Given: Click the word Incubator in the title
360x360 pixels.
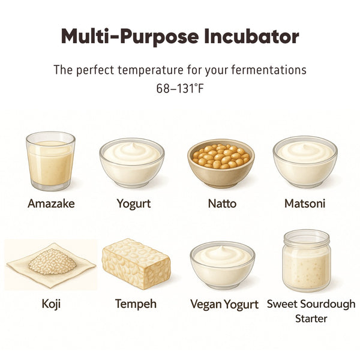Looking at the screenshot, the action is point(251,36).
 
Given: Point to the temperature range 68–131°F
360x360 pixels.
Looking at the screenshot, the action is point(180,88).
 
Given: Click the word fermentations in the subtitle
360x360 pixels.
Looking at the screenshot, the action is point(269,70).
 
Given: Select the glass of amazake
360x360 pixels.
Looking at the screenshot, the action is point(50,161).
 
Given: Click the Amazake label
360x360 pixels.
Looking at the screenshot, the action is point(51,203).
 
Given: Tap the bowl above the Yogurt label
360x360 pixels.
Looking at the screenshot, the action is point(132,163).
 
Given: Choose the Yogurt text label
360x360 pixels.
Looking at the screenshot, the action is point(134,204).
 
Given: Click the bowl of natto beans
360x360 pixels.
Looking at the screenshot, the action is point(221,163).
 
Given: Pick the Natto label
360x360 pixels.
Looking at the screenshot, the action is point(222,203).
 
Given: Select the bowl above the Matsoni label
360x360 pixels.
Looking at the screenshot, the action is point(305,162).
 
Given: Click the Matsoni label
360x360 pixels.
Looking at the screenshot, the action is point(305,203).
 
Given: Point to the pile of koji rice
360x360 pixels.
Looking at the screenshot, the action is point(53,261).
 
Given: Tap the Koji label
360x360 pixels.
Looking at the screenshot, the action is point(51,304).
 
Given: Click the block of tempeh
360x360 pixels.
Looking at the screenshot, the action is point(136,264).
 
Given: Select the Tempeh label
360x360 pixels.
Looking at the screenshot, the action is point(136,304).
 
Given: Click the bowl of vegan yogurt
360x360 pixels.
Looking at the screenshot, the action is point(222,265).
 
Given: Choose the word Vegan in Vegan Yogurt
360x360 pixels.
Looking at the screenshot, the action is point(206,304).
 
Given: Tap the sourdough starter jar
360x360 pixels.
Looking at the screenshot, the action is point(307,260).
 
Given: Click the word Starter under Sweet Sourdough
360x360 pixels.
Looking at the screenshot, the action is point(311,319).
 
